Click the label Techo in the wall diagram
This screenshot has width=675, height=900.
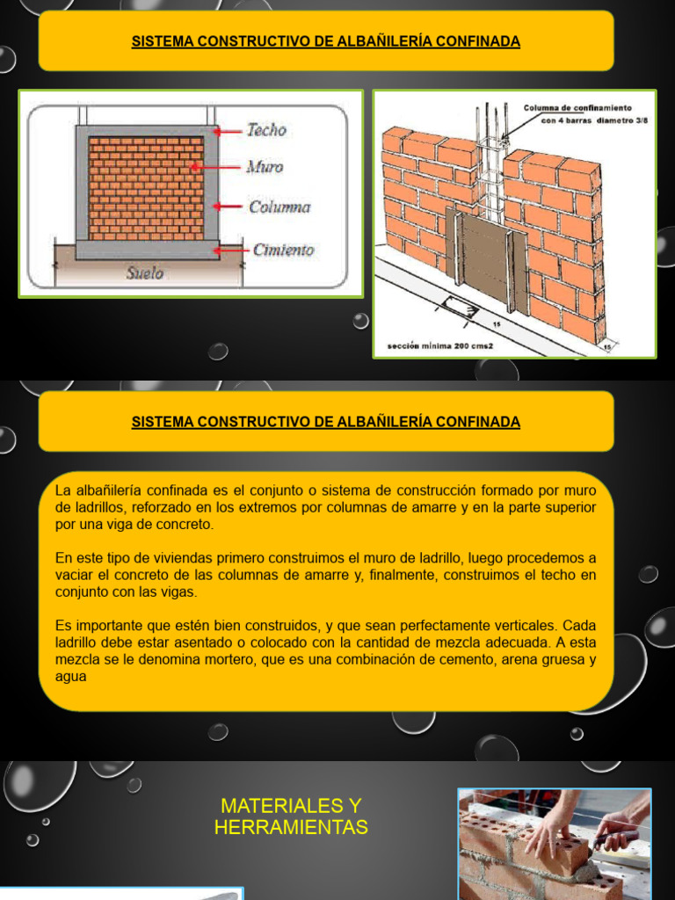pyautogui.click(x=266, y=130)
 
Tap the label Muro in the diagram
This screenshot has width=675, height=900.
pyautogui.click(x=265, y=166)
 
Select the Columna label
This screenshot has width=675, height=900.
pyautogui.click(x=279, y=207)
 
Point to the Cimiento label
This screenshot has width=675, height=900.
pyautogui.click(x=283, y=250)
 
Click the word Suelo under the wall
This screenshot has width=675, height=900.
pyautogui.click(x=144, y=273)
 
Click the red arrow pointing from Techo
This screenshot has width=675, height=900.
pyautogui.click(x=229, y=131)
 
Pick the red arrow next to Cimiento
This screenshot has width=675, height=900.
pyautogui.click(x=233, y=250)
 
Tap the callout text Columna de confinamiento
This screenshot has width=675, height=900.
pyautogui.click(x=577, y=108)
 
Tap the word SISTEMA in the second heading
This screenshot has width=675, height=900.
pyautogui.click(x=162, y=422)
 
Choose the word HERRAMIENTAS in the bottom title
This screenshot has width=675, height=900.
pyautogui.click(x=291, y=828)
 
